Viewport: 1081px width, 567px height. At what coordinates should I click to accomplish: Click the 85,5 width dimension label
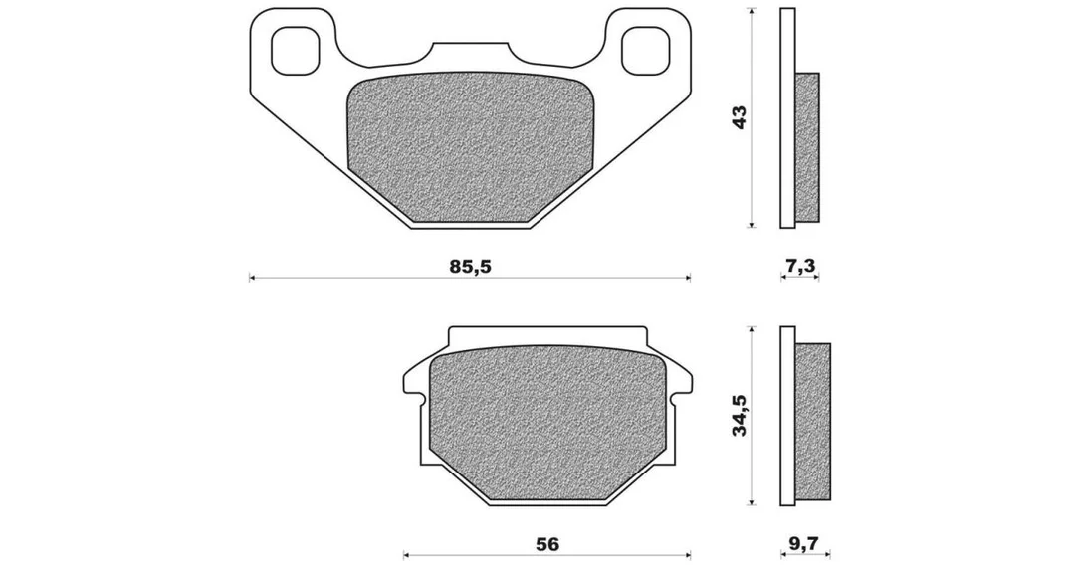point(470,266)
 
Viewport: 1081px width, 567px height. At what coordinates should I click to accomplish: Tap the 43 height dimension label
point(739,117)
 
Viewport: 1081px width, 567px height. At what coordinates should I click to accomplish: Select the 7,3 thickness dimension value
point(799,266)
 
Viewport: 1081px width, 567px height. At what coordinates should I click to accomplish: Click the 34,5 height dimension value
point(739,416)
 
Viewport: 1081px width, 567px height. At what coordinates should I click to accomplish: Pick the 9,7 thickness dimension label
point(802,544)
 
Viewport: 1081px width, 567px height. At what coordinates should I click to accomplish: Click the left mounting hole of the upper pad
point(298,50)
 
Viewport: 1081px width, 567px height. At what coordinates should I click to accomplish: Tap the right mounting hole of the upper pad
point(646,50)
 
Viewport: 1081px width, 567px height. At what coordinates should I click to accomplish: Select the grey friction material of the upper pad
point(470,147)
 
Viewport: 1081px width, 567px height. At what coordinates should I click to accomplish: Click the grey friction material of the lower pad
point(547,423)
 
